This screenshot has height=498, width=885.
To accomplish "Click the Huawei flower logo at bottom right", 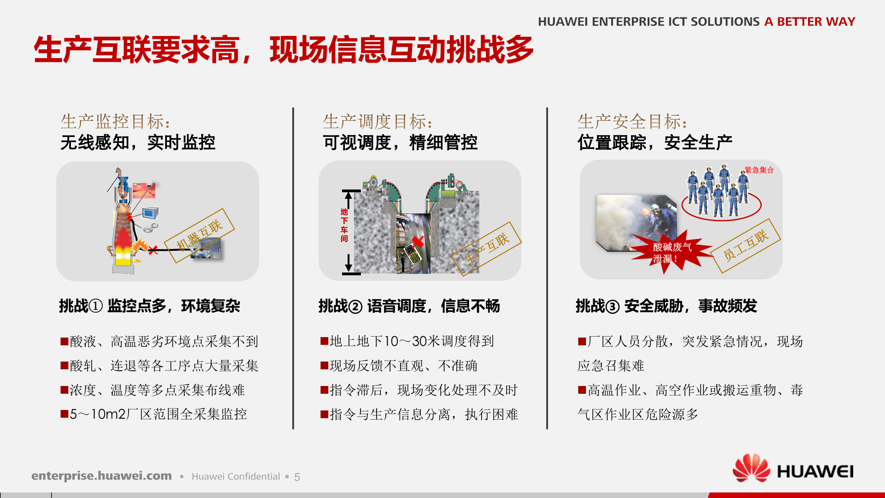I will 751,468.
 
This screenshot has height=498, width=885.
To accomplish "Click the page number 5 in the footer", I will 297,477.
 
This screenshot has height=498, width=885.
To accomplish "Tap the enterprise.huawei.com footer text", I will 101,475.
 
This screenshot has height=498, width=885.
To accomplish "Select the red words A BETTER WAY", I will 809,22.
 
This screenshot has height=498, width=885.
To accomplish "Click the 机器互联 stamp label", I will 199,235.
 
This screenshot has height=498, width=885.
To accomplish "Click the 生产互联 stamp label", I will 487,249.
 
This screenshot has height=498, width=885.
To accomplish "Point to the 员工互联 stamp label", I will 746,245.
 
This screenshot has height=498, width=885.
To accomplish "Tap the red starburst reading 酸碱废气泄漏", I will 671,253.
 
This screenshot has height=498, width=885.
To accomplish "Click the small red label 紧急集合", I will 760,170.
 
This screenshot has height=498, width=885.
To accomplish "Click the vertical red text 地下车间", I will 344,225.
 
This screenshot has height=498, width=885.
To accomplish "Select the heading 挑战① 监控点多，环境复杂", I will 149,306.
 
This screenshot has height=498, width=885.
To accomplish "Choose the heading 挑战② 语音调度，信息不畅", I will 409,306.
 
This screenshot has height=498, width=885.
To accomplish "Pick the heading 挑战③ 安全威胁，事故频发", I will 666,306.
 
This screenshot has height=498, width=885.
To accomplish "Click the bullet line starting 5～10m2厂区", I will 154,414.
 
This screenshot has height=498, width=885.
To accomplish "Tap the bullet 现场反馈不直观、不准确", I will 399,366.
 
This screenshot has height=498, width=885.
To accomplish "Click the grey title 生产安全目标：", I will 632,122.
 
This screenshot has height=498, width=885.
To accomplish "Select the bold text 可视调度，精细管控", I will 400,142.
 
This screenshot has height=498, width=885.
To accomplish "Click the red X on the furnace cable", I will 153,250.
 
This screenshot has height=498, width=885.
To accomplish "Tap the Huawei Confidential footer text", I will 236,477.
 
